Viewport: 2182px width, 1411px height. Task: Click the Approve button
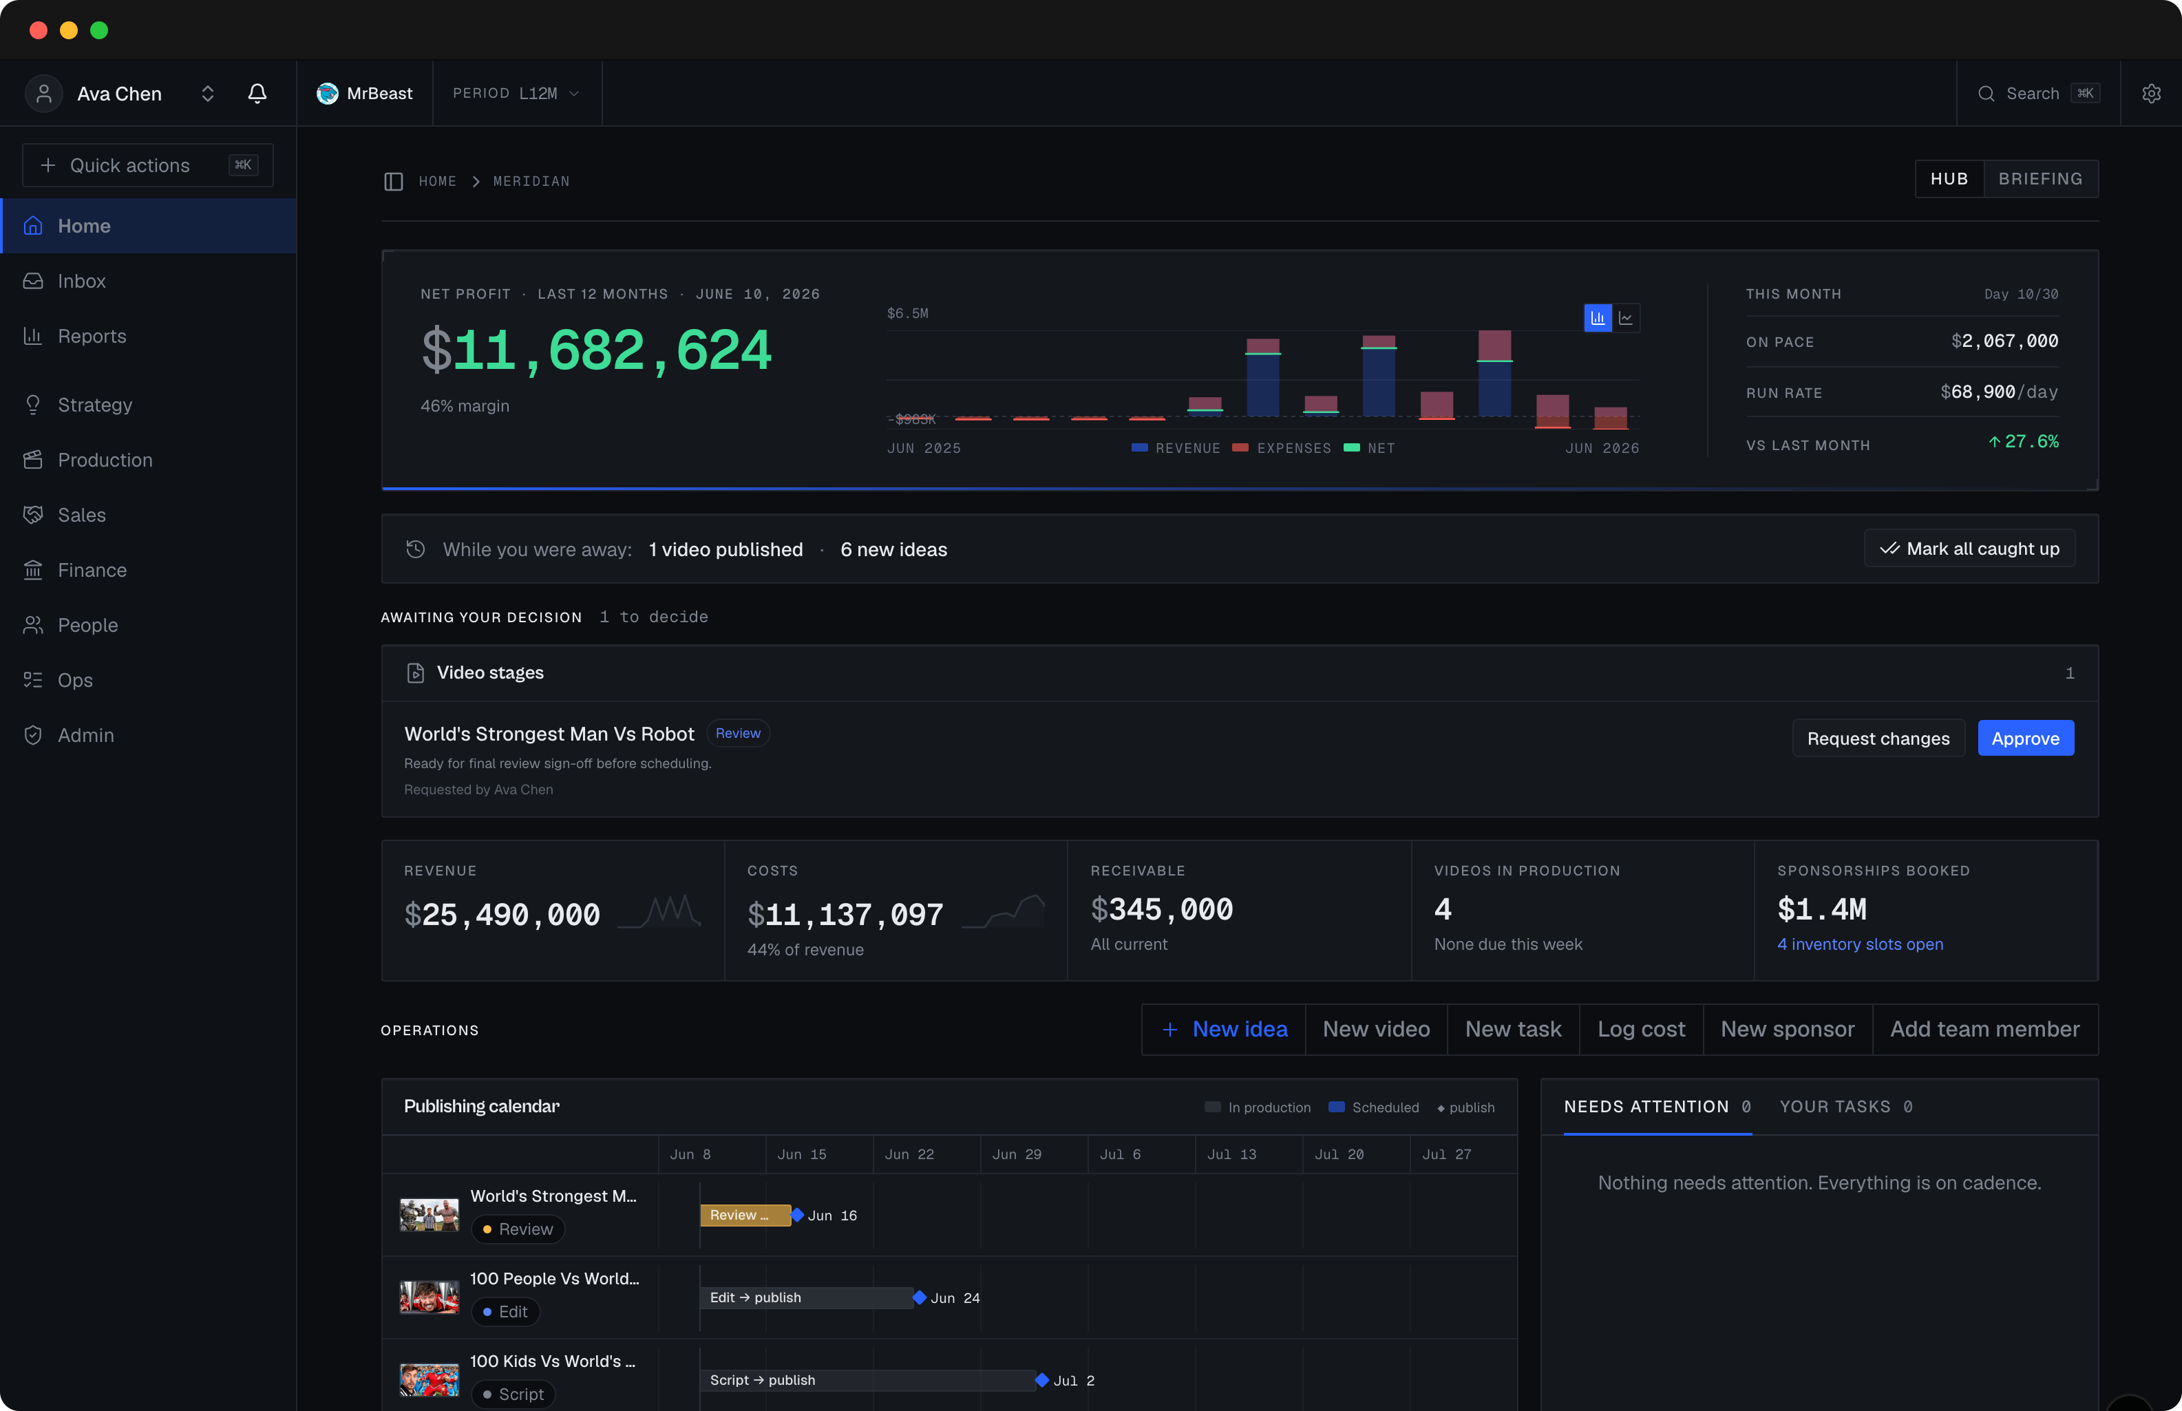coord(2025,739)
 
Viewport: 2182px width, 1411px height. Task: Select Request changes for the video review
coord(1878,739)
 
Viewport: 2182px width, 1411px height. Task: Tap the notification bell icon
coord(257,94)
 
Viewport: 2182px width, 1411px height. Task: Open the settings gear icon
coord(2151,94)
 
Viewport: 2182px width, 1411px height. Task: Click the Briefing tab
coord(2040,179)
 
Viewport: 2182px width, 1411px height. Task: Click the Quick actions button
coord(147,166)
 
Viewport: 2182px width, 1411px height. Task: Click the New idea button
coord(1224,1030)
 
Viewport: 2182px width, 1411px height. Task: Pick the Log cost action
coord(1640,1030)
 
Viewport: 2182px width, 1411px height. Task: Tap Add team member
coord(1985,1030)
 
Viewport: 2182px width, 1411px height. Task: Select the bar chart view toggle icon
coord(1598,318)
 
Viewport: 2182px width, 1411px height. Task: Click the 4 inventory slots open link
coord(1860,944)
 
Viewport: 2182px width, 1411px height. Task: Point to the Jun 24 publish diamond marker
coord(919,1297)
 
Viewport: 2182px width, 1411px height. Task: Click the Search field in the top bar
coord(2038,94)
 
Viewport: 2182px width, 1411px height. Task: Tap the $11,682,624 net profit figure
coord(596,351)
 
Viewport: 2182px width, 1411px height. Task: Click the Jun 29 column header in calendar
coord(1016,1154)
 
